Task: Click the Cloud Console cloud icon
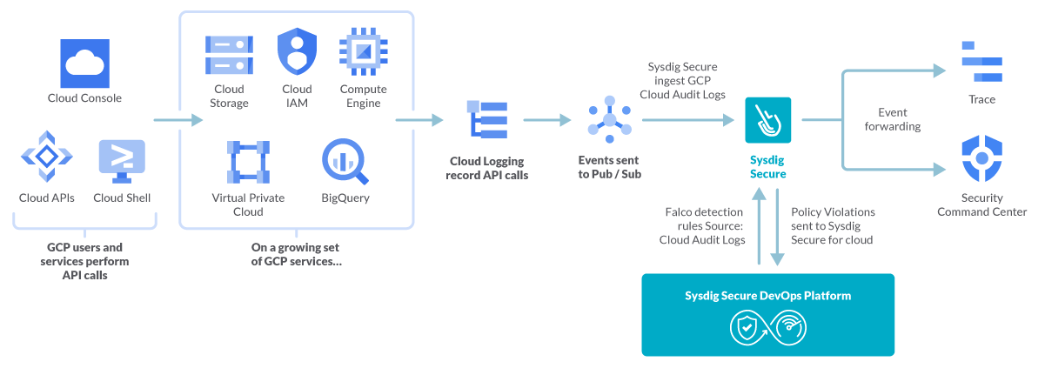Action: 84,61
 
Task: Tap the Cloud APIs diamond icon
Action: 46,157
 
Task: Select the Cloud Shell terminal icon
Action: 122,157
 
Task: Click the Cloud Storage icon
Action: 229,54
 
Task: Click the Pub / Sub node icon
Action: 608,120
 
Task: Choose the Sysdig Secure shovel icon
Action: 767,120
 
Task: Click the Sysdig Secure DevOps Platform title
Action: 767,296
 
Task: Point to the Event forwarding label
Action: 899,119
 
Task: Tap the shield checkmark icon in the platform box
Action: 747,328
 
